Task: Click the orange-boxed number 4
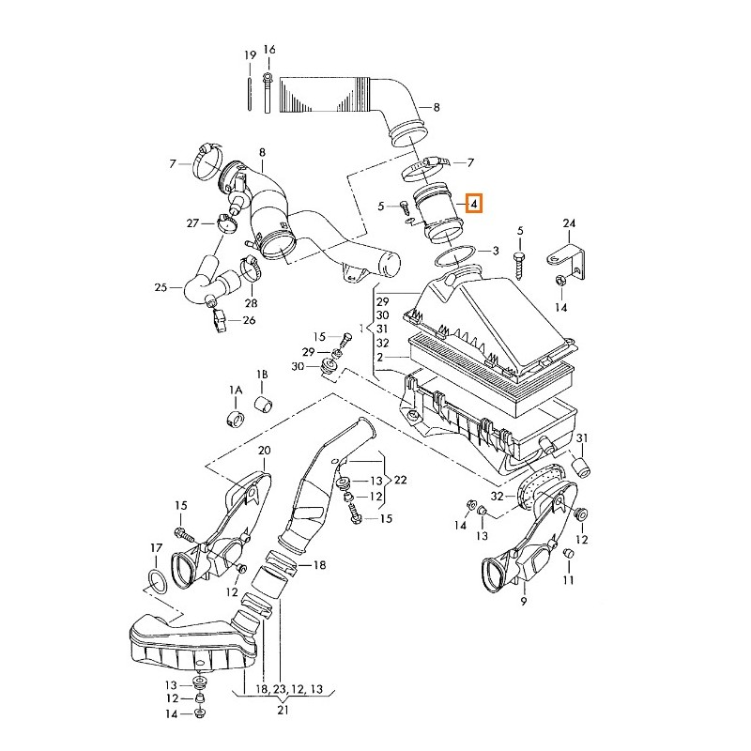tap(474, 203)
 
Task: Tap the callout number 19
tap(251, 56)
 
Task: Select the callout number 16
tap(269, 50)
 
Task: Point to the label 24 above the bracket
tap(568, 222)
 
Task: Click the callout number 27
tap(192, 222)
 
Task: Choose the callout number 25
tap(161, 287)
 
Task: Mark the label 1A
tap(235, 389)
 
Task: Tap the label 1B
tap(262, 373)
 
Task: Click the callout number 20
tap(264, 451)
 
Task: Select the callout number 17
tap(156, 547)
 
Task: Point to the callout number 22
tap(401, 480)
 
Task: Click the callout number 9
tap(524, 599)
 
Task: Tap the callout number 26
tap(249, 320)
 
